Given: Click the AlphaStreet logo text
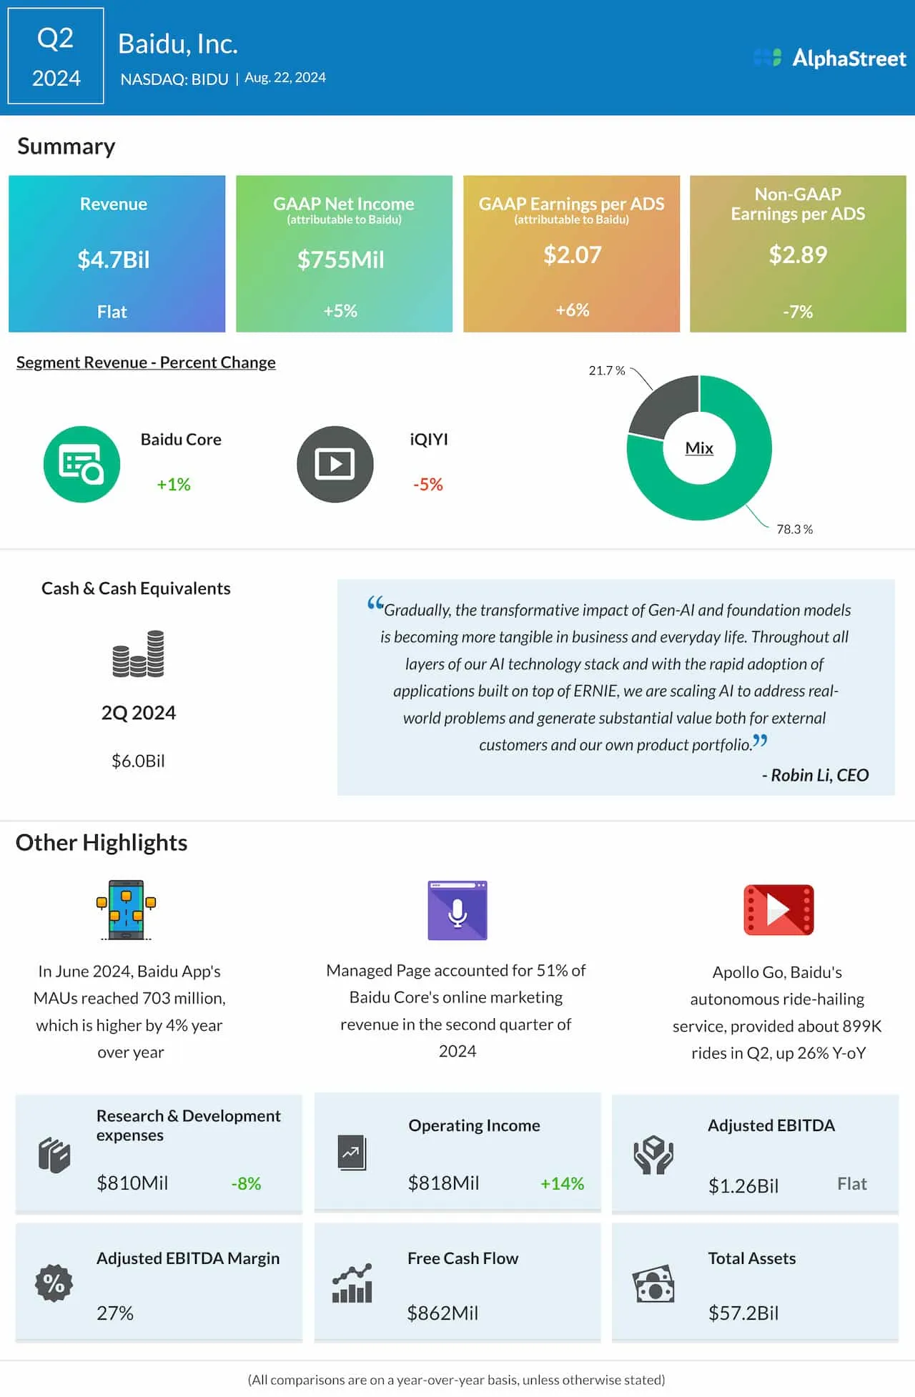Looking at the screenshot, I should tap(849, 58).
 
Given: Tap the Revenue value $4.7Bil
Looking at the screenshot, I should tap(114, 260).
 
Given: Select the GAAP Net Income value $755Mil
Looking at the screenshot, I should tap(341, 260).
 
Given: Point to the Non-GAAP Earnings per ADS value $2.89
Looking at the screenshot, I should tap(798, 255).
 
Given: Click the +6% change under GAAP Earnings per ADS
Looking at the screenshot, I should tap(573, 310).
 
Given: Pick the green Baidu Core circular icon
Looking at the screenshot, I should tap(81, 465).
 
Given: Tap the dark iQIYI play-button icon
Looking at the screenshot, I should tap(335, 465).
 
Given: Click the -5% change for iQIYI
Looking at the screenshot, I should tap(428, 485).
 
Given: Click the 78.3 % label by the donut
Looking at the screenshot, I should tap(794, 529).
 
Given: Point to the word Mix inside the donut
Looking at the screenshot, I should tap(699, 448).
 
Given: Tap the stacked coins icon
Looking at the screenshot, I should tap(139, 653).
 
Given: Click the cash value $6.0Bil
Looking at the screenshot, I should tap(138, 761).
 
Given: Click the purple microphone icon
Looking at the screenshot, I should tap(457, 910).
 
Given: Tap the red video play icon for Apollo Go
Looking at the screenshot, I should tap(778, 910).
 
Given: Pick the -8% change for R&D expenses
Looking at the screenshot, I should tap(246, 1184).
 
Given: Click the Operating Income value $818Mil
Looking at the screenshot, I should tap(443, 1183).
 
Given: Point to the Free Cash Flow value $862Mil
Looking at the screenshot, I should tap(442, 1313).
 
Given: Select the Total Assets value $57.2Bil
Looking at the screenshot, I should tap(743, 1313).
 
